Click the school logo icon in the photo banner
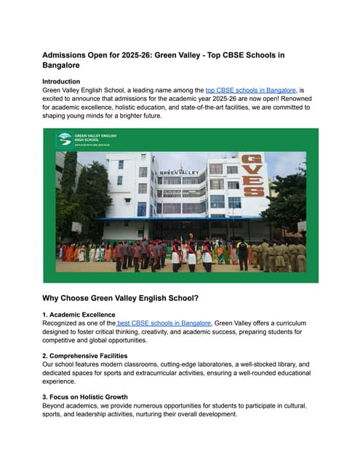65,138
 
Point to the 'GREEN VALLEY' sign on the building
174,172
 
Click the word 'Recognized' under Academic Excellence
65,323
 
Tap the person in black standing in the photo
242,254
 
